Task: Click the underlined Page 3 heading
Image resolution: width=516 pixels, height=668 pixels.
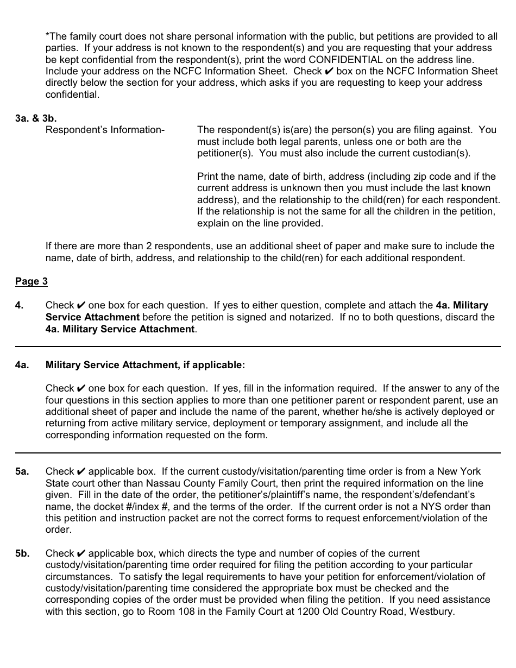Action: point(31,281)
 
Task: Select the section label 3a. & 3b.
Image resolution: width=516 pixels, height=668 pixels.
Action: point(36,118)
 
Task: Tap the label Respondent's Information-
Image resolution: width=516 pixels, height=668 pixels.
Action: point(105,130)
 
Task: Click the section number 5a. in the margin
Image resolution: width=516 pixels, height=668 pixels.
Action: point(22,471)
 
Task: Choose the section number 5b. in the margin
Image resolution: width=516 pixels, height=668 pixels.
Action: point(22,553)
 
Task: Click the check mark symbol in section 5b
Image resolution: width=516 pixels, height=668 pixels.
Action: point(81,553)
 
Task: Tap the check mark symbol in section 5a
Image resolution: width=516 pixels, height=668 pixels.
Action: point(81,471)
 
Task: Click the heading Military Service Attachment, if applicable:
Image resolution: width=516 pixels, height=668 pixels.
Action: point(145,365)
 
